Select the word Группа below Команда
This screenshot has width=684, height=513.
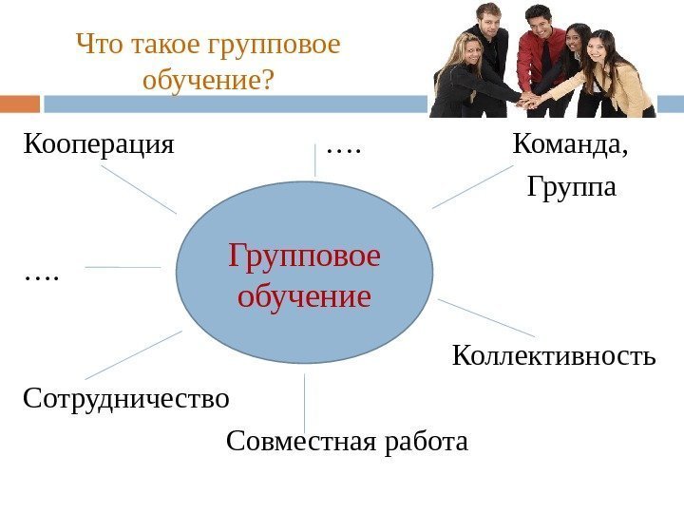pos(571,188)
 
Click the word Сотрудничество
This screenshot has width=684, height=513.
pos(126,397)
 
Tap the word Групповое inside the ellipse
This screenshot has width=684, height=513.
pos(304,256)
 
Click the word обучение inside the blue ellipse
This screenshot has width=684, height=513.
pos(304,296)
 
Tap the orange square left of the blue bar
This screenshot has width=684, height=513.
pos(20,104)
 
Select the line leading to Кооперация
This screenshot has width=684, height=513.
pos(138,190)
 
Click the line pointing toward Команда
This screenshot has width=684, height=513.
pos(472,186)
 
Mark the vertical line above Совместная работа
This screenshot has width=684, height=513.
pos(305,403)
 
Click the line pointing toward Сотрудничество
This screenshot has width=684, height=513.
pos(133,354)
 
